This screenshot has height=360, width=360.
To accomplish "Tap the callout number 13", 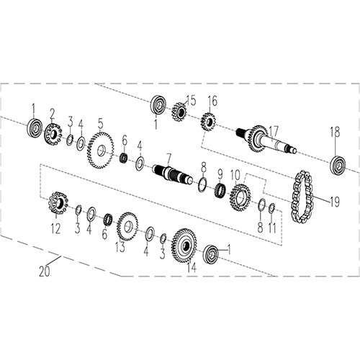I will [120, 249].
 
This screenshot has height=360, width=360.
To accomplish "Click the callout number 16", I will [212, 100].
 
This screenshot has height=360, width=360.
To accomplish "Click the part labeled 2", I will [52, 132].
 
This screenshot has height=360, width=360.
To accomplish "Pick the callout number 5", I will [100, 122].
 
